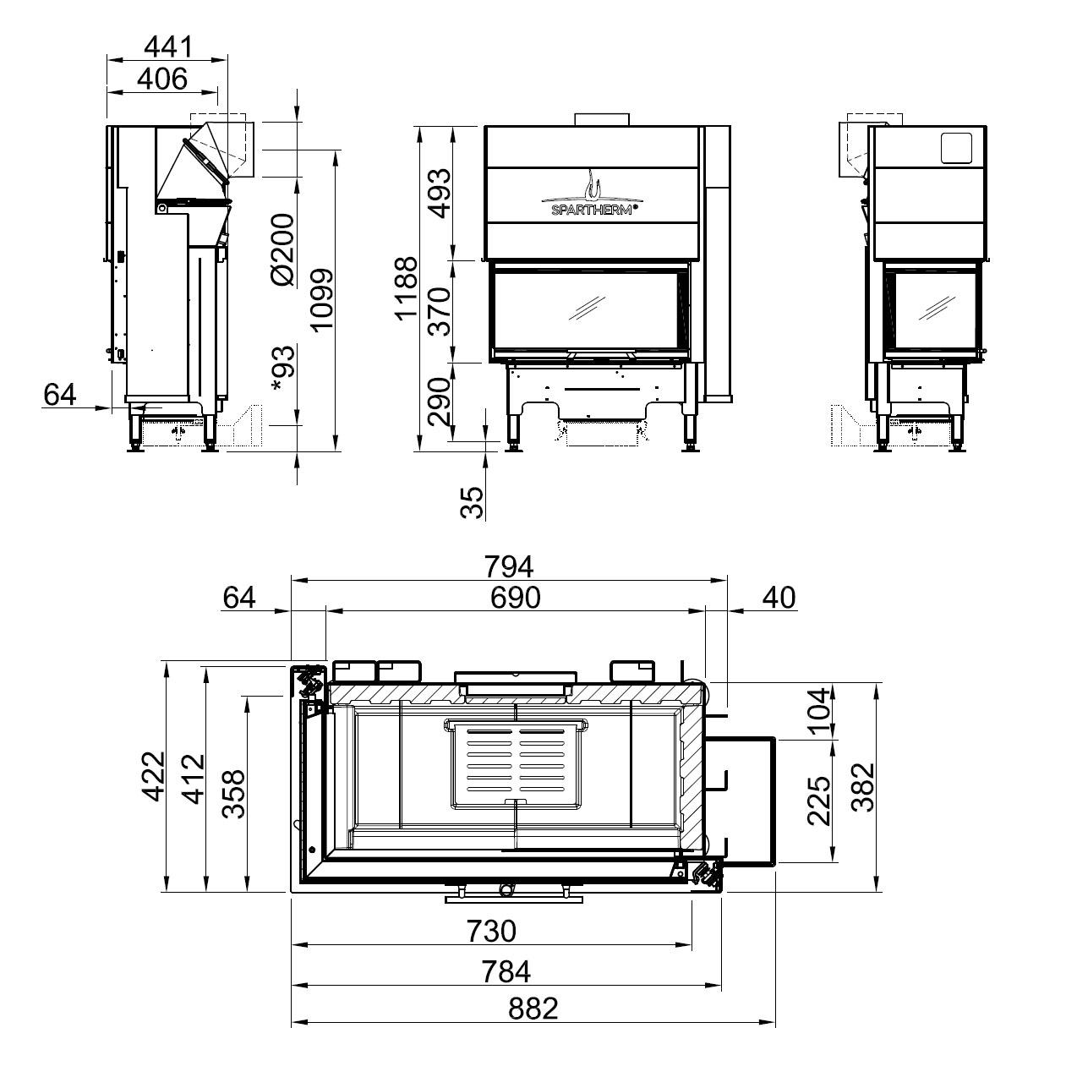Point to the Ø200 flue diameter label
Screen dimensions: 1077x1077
tap(283, 249)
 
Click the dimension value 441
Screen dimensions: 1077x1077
tap(167, 46)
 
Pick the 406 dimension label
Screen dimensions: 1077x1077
tap(162, 79)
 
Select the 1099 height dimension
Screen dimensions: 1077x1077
tap(322, 301)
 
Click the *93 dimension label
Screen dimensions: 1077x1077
tap(283, 369)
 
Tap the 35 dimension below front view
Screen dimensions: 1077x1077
tap(472, 502)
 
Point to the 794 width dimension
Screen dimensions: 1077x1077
tap(509, 566)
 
